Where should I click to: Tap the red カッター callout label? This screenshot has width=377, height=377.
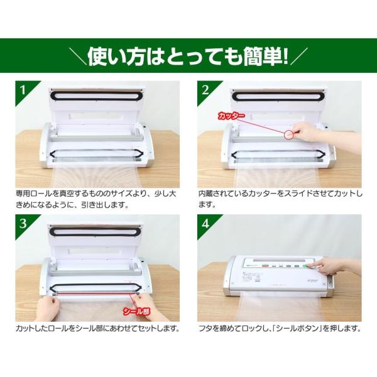pos(231,116)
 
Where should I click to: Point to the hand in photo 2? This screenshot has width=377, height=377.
pos(311,133)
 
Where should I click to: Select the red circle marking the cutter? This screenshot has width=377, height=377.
pos(290,134)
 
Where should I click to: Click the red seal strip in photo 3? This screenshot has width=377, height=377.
pos(94,292)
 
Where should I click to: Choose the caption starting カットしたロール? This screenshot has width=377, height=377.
pos(97,328)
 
